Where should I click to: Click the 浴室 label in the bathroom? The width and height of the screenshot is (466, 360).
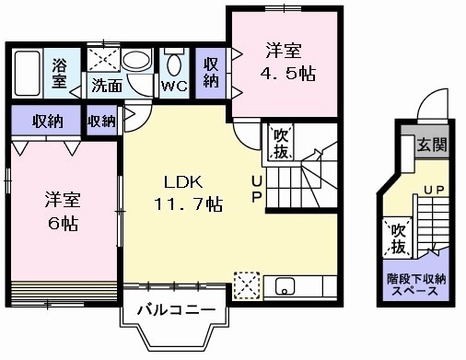pos(60,73)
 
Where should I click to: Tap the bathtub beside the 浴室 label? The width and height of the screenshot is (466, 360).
pos(26,74)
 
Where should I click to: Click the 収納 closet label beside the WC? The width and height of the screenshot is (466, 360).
pos(211,73)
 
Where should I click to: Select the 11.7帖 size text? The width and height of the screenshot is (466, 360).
pos(188,203)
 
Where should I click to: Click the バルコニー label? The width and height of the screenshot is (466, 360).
pos(176,309)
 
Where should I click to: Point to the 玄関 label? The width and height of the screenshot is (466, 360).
pos(430,145)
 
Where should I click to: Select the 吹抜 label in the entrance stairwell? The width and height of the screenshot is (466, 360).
pos(397,238)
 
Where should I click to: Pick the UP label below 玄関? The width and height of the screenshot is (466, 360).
pos(433,191)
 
